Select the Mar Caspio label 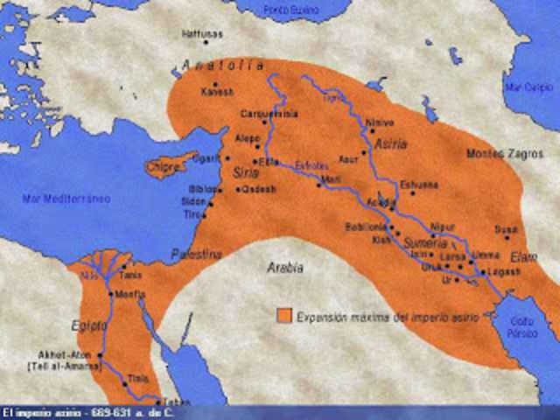coord(534,88)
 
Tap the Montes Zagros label coord(496,154)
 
